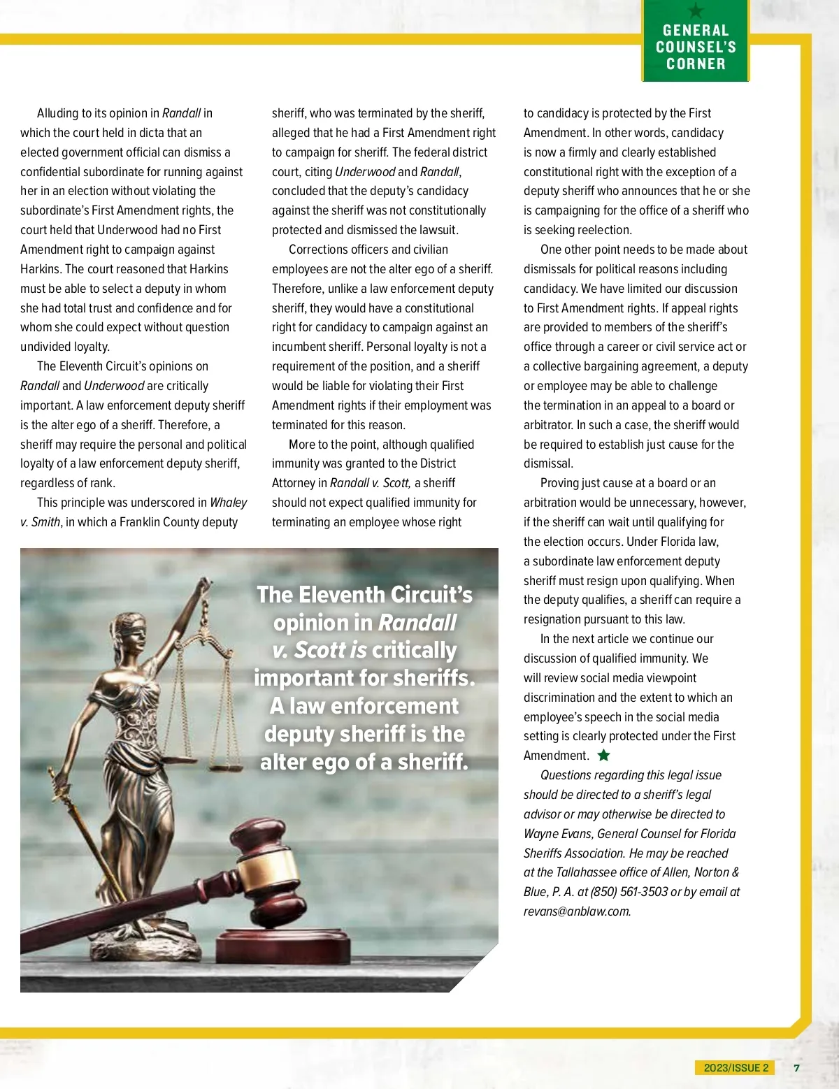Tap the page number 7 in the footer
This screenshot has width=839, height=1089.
coord(796,1067)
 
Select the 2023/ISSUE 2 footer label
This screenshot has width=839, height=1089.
coord(736,1067)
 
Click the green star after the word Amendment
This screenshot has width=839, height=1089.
coord(604,755)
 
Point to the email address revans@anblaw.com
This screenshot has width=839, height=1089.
coord(577,911)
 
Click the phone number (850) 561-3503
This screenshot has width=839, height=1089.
coord(629,892)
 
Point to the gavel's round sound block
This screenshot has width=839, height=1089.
coord(283,944)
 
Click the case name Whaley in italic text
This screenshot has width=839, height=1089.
coord(228,503)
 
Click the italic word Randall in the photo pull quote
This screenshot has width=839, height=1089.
coord(417,622)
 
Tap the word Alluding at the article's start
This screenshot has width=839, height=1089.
coord(58,113)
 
